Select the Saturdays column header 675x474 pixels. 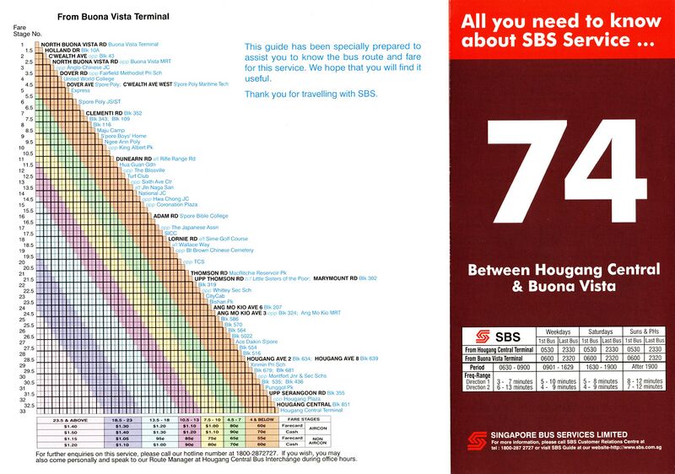[602, 331]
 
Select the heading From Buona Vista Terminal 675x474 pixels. [112, 17]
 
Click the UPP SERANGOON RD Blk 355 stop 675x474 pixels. [306, 393]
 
